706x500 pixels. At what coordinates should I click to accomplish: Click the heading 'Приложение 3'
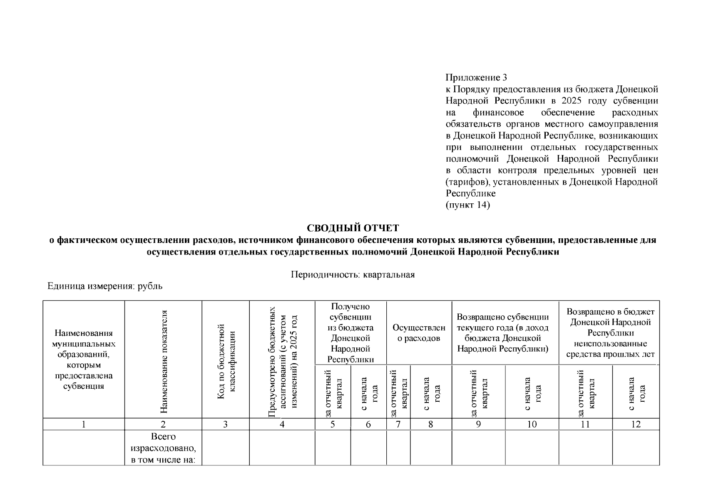pos(476,77)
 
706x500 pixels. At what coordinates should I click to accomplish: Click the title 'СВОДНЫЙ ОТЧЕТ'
pos(353,228)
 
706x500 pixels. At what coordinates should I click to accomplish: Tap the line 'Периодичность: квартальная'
pos(353,275)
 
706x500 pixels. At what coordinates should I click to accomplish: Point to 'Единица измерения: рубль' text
pos(104,286)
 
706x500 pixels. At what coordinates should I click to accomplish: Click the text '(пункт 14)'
pos(467,205)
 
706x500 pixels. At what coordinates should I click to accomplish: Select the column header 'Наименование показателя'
pos(163,361)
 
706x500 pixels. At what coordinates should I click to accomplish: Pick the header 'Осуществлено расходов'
pos(419,333)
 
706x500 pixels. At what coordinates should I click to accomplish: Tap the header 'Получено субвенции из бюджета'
pos(351,333)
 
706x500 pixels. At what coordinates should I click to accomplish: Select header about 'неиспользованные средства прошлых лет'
pos(610,333)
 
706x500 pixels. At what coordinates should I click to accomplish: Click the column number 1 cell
pos(84,424)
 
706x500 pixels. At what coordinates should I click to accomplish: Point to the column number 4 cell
pos(282,424)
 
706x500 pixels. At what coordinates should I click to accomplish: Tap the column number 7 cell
pos(398,424)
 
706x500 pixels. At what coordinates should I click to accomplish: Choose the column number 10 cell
pos(532,424)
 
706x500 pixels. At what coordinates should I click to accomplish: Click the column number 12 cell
pos(636,424)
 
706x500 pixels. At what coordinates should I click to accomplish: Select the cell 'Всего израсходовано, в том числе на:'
pos(163,448)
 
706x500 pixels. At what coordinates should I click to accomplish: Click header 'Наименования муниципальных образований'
pos(84,360)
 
